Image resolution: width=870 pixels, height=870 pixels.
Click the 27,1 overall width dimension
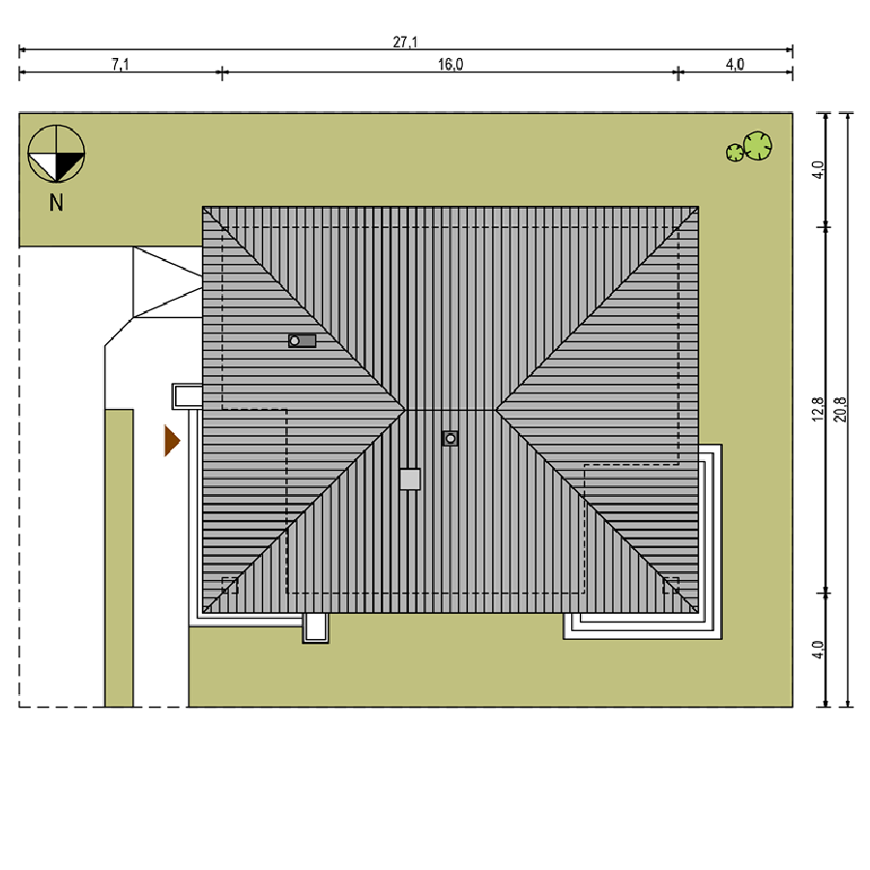pyautogui.click(x=405, y=43)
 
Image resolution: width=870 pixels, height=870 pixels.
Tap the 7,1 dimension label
pyautogui.click(x=120, y=65)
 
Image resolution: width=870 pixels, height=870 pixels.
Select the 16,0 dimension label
pyautogui.click(x=449, y=65)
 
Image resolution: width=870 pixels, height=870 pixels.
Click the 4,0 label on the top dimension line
pyautogui.click(x=735, y=65)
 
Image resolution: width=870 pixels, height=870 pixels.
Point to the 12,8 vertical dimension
pyautogui.click(x=819, y=410)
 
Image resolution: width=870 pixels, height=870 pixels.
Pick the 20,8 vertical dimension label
pyautogui.click(x=840, y=410)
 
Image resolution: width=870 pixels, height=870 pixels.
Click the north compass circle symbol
pyautogui.click(x=56, y=154)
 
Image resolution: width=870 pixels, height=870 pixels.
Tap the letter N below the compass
pyautogui.click(x=56, y=203)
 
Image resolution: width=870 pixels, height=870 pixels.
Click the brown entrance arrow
pyautogui.click(x=172, y=441)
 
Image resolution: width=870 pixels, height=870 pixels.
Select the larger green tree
pyautogui.click(x=757, y=146)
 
